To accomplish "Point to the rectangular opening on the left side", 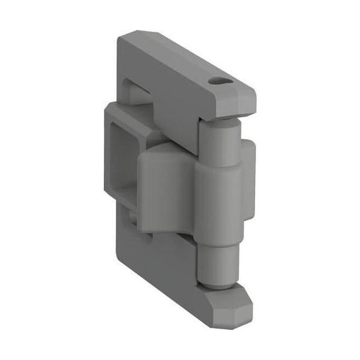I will pos(130,162).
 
